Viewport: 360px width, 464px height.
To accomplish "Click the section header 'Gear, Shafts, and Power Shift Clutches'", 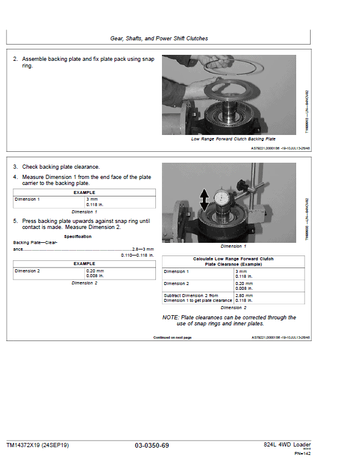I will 159,39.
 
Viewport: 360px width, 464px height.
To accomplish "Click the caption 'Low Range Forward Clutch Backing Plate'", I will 233,139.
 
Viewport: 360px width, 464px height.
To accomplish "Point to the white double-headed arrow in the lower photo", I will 205,198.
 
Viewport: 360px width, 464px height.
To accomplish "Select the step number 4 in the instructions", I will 15,177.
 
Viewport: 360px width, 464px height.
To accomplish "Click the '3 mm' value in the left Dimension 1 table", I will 92,199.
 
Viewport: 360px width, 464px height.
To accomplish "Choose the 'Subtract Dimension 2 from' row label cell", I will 191,296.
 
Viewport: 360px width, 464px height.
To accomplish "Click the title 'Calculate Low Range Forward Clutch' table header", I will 233,259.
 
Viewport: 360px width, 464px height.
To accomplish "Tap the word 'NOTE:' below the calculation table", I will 170,318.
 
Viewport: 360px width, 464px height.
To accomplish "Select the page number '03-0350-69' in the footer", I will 152,445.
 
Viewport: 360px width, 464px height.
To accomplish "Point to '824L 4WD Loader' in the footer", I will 287,445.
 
